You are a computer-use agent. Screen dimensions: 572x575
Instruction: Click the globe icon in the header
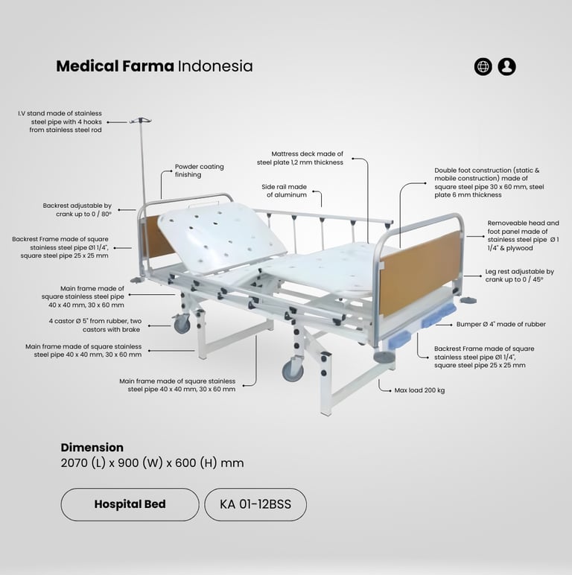[483, 67]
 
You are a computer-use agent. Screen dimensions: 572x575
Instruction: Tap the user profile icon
[506, 67]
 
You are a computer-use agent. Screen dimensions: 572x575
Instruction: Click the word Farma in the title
[147, 66]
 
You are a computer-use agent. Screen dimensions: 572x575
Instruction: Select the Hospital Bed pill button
[130, 504]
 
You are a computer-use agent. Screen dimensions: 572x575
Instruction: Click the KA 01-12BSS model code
[255, 504]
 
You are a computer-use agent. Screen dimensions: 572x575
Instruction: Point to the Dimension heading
[92, 448]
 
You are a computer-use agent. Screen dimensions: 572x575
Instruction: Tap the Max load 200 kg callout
[419, 390]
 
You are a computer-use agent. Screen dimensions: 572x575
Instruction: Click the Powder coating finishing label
[199, 171]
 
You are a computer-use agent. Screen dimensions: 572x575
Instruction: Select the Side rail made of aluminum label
[285, 191]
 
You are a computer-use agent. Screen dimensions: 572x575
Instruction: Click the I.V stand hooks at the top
[140, 120]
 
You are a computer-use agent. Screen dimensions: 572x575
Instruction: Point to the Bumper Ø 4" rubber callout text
[500, 324]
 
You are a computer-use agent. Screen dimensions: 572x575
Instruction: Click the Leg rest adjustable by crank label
[520, 276]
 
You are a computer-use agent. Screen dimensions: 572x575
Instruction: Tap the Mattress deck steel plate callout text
[300, 158]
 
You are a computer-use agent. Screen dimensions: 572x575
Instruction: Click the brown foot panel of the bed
[420, 273]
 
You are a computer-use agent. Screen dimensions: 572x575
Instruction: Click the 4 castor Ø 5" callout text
[95, 325]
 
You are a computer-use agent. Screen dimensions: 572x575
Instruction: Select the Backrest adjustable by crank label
[77, 210]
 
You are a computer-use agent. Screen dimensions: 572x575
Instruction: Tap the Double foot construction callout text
[489, 182]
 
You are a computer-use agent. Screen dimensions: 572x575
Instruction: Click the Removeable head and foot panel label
[524, 235]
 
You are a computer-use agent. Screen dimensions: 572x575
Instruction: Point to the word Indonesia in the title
[215, 66]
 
